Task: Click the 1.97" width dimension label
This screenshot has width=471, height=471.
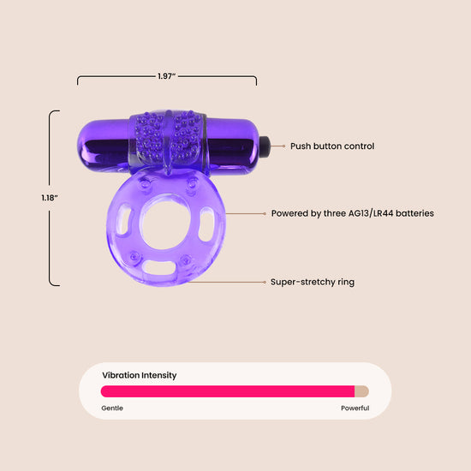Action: click(167, 76)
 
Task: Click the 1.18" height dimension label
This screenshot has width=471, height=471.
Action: click(50, 198)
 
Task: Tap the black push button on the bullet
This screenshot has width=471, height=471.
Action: click(265, 146)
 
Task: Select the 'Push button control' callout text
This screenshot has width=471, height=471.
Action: click(332, 146)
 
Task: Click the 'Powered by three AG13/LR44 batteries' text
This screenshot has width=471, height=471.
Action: click(352, 213)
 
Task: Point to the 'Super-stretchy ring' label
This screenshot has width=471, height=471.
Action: click(313, 282)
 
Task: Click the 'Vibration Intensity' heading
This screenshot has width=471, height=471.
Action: click(140, 375)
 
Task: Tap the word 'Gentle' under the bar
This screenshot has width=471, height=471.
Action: click(112, 408)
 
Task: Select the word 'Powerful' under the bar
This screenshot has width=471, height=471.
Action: click(355, 408)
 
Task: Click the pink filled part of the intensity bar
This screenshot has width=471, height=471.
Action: click(228, 391)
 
